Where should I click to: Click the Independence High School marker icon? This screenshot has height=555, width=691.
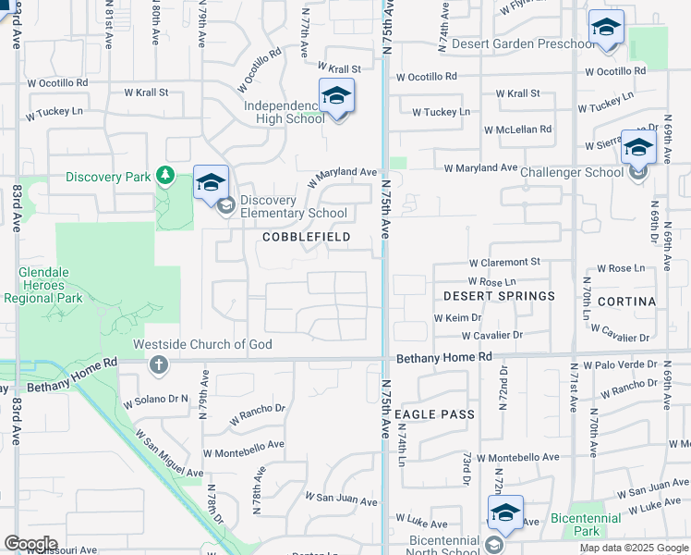pyautogui.click(x=337, y=96)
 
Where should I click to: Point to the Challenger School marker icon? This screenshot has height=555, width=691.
pyautogui.click(x=638, y=148)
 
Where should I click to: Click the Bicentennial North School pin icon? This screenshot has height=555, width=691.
pyautogui.click(x=506, y=514)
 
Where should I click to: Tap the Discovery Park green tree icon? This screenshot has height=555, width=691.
pyautogui.click(x=165, y=176)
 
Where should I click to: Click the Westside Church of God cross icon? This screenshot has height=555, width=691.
pyautogui.click(x=159, y=364)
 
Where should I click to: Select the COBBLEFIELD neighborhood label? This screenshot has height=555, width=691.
pyautogui.click(x=307, y=237)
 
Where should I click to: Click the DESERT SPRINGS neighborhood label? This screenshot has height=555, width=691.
pyautogui.click(x=499, y=296)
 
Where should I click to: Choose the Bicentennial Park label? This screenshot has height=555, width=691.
pyautogui.click(x=585, y=524)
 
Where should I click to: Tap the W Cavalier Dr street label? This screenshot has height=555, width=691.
pyautogui.click(x=492, y=335)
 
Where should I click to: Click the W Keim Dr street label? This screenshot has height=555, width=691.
pyautogui.click(x=452, y=317)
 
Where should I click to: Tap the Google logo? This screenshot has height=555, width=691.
pyautogui.click(x=30, y=544)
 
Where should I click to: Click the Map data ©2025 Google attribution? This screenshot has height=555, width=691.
pyautogui.click(x=634, y=548)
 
